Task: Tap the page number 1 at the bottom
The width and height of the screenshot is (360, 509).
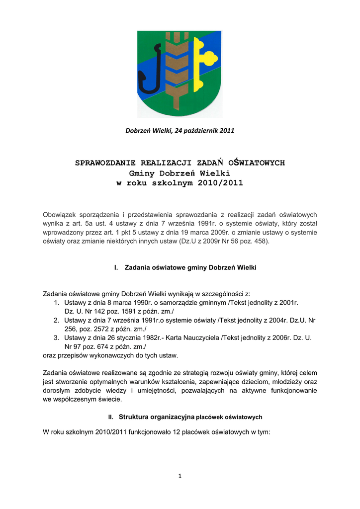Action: click(x=180, y=476)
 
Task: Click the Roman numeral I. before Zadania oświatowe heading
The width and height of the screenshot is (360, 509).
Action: click(x=116, y=267)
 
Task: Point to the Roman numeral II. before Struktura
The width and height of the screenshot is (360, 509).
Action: click(x=111, y=417)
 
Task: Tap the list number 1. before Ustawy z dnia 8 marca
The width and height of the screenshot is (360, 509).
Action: click(x=57, y=302)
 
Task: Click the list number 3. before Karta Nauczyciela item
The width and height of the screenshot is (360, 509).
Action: click(x=57, y=338)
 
